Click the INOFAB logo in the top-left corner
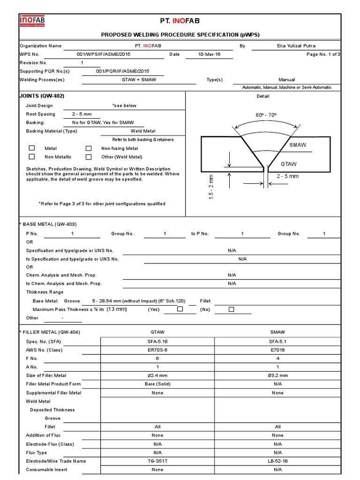(x=31, y=21)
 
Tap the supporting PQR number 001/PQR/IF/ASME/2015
(x=122, y=71)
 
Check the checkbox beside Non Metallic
(x=32, y=157)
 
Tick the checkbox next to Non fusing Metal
(x=88, y=148)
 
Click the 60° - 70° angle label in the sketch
(x=266, y=115)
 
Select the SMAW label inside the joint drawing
(x=298, y=145)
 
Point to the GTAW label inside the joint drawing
(x=289, y=164)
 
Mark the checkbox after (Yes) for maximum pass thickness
(x=180, y=309)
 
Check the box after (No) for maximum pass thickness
(x=231, y=309)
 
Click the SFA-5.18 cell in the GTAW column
(x=157, y=341)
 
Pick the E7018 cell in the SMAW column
(x=277, y=350)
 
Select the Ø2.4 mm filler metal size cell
(x=157, y=375)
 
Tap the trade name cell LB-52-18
(x=277, y=461)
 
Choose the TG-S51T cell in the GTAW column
(x=157, y=461)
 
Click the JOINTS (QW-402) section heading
(x=42, y=96)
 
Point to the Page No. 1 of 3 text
(x=323, y=54)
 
